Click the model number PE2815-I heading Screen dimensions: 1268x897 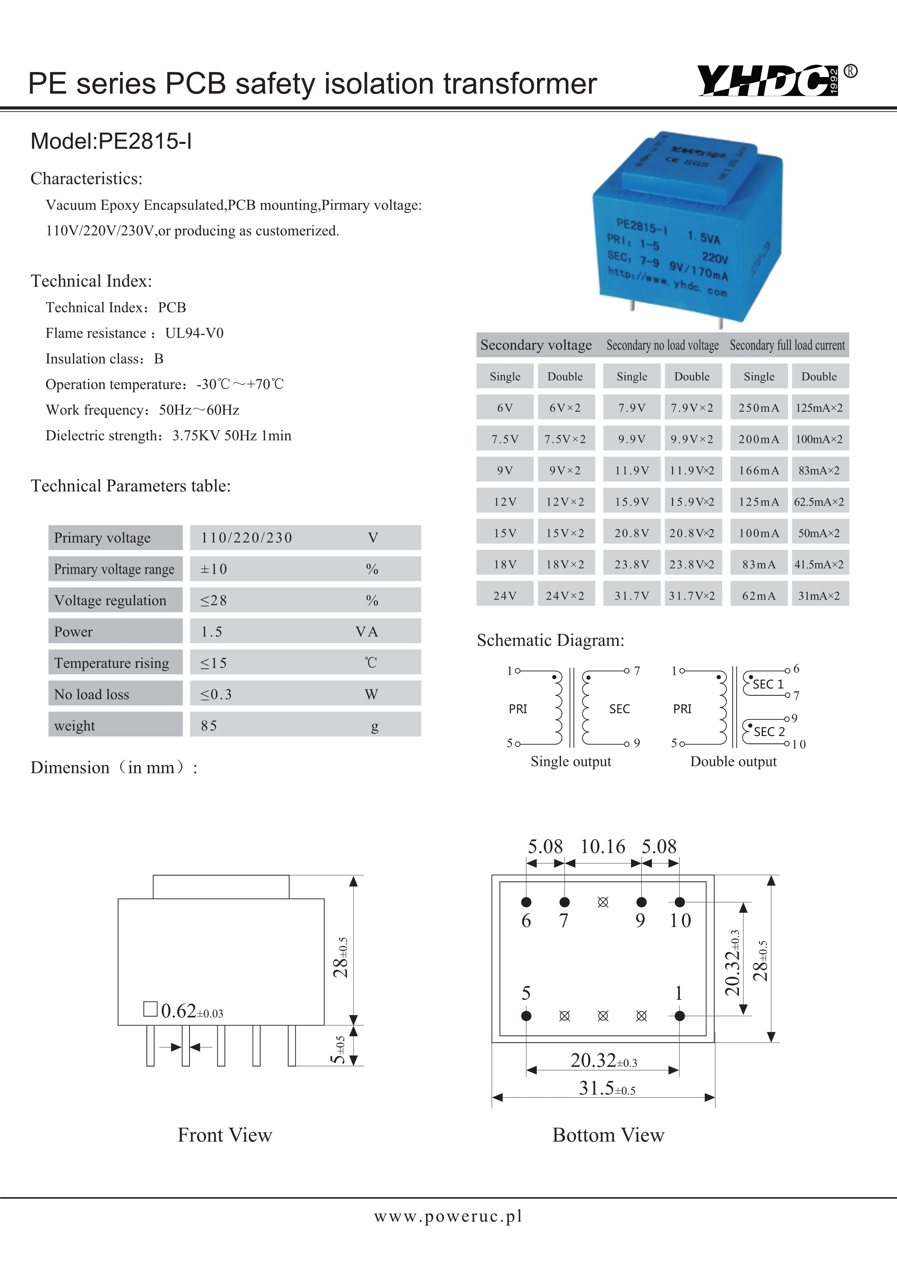pyautogui.click(x=111, y=141)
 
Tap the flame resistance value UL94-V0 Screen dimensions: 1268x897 pyautogui.click(x=194, y=333)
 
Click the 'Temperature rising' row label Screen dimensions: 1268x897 pyautogui.click(x=111, y=663)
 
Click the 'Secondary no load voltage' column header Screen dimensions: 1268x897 pyautogui.click(x=662, y=345)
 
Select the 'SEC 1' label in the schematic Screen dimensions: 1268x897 pyautogui.click(x=768, y=684)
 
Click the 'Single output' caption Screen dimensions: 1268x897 pyautogui.click(x=570, y=761)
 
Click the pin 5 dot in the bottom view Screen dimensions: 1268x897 pyautogui.click(x=526, y=1016)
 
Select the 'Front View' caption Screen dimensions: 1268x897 pyautogui.click(x=225, y=1135)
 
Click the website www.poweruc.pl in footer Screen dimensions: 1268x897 pyautogui.click(x=448, y=1216)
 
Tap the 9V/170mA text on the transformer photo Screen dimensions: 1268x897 pyautogui.click(x=699, y=269)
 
